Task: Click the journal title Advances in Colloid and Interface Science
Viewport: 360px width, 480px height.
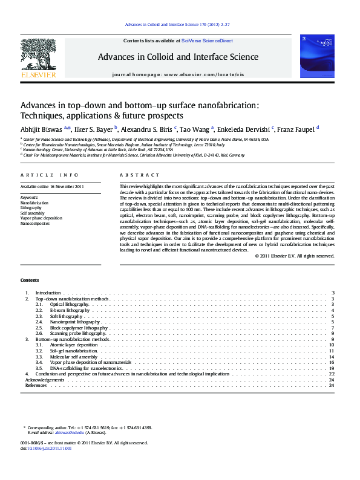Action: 178,57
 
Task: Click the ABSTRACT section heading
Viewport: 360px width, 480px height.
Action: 131,175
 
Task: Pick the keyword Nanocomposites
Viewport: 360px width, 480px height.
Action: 34,224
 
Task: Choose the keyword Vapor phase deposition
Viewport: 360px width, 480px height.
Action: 41,218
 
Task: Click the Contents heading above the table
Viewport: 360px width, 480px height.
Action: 29,281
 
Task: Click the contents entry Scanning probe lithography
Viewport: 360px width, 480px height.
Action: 78,334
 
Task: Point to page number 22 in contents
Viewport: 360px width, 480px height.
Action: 331,374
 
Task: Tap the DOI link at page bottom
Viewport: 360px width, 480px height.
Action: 46,449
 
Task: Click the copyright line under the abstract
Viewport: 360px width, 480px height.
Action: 295,256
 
